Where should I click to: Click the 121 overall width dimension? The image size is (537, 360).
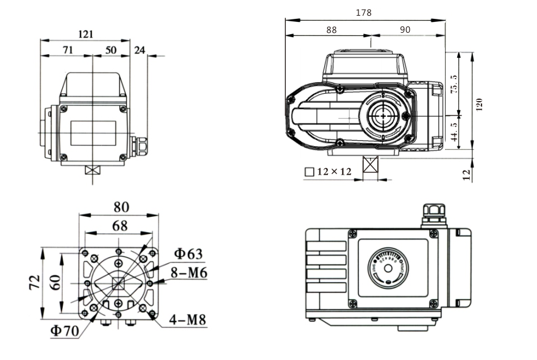pyautogui.click(x=85, y=34)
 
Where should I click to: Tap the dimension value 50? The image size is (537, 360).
pyautogui.click(x=110, y=50)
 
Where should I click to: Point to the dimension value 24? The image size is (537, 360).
pyautogui.click(x=140, y=50)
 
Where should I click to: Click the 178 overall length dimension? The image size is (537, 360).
pyautogui.click(x=364, y=12)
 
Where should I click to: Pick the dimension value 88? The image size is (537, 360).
pyautogui.click(x=331, y=29)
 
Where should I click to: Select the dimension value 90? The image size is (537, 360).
pyautogui.click(x=405, y=29)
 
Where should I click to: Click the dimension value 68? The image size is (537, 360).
pyautogui.click(x=119, y=226)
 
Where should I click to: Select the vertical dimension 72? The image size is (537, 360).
pyautogui.click(x=35, y=282)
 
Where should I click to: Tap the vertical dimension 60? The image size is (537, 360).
pyautogui.click(x=55, y=282)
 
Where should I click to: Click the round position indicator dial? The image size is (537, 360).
pyautogui.click(x=387, y=268)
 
